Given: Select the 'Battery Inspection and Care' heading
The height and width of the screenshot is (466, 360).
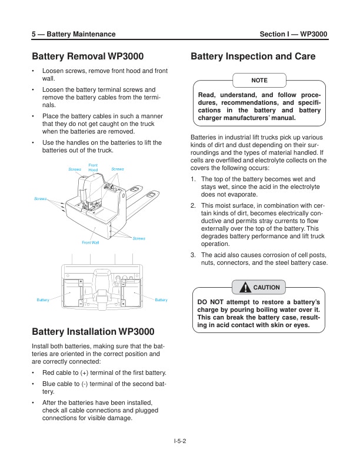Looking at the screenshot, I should click(254, 57).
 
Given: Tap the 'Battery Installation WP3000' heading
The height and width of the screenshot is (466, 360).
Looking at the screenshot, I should click(93, 331).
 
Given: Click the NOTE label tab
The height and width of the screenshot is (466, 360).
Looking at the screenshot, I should click(259, 79).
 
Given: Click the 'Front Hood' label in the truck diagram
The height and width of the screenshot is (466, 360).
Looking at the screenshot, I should click(93, 168).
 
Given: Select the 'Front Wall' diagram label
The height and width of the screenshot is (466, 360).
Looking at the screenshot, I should click(91, 242).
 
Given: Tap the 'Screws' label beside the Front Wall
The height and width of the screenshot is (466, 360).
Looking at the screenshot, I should click(139, 238).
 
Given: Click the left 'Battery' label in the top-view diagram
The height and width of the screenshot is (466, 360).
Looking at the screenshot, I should click(43, 300).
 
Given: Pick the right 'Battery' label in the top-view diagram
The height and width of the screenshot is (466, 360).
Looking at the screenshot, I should click(161, 300).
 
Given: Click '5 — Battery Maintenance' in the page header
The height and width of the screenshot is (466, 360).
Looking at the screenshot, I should click(74, 35).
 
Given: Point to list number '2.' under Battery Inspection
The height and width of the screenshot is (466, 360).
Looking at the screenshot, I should click(194, 205).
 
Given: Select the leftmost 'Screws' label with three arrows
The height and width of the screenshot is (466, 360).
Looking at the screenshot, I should click(40, 199).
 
